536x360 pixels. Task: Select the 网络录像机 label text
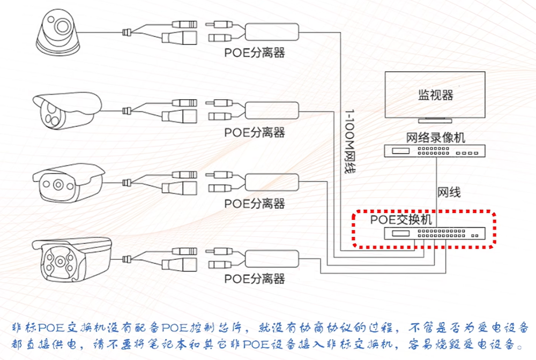435,137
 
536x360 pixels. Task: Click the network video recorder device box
435,152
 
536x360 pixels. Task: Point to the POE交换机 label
400,220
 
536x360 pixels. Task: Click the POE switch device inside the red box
434,233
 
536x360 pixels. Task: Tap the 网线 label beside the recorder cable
449,192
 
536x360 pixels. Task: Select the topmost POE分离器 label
254,52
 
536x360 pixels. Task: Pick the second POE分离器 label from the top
254,132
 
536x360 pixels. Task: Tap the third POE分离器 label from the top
254,204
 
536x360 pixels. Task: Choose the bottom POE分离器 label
254,279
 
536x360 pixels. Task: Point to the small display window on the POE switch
401,233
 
